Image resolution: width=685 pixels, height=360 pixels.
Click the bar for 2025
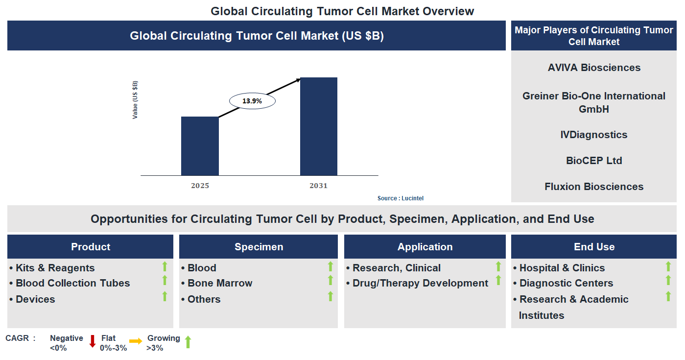point(200,146)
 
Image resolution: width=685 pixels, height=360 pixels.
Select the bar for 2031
point(318,126)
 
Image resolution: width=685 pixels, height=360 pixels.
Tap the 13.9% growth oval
point(252,101)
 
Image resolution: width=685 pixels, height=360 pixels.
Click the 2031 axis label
point(318,186)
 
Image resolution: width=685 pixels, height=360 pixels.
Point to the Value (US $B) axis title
point(135,100)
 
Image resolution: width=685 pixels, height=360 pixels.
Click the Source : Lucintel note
point(400,198)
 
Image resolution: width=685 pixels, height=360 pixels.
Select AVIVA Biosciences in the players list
point(594,68)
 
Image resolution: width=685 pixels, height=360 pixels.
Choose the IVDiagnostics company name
point(594,135)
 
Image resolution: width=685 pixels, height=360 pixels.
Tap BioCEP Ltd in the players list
point(594,161)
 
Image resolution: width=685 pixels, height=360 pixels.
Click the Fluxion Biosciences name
point(594,187)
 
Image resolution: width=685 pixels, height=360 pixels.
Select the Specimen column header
point(259,247)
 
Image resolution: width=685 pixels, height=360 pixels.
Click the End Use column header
point(594,247)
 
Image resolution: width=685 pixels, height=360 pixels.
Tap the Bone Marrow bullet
point(219,283)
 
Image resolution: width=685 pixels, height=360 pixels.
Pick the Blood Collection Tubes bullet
point(72,283)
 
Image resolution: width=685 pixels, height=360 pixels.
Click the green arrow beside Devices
point(165,296)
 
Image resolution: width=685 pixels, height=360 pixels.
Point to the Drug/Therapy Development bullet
point(420,283)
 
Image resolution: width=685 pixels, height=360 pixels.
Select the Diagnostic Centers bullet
point(566,283)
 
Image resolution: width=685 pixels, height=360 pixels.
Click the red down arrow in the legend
point(93,341)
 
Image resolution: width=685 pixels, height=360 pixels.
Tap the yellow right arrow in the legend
point(136,341)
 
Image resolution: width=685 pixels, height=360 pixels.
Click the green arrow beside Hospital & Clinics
point(668,266)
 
